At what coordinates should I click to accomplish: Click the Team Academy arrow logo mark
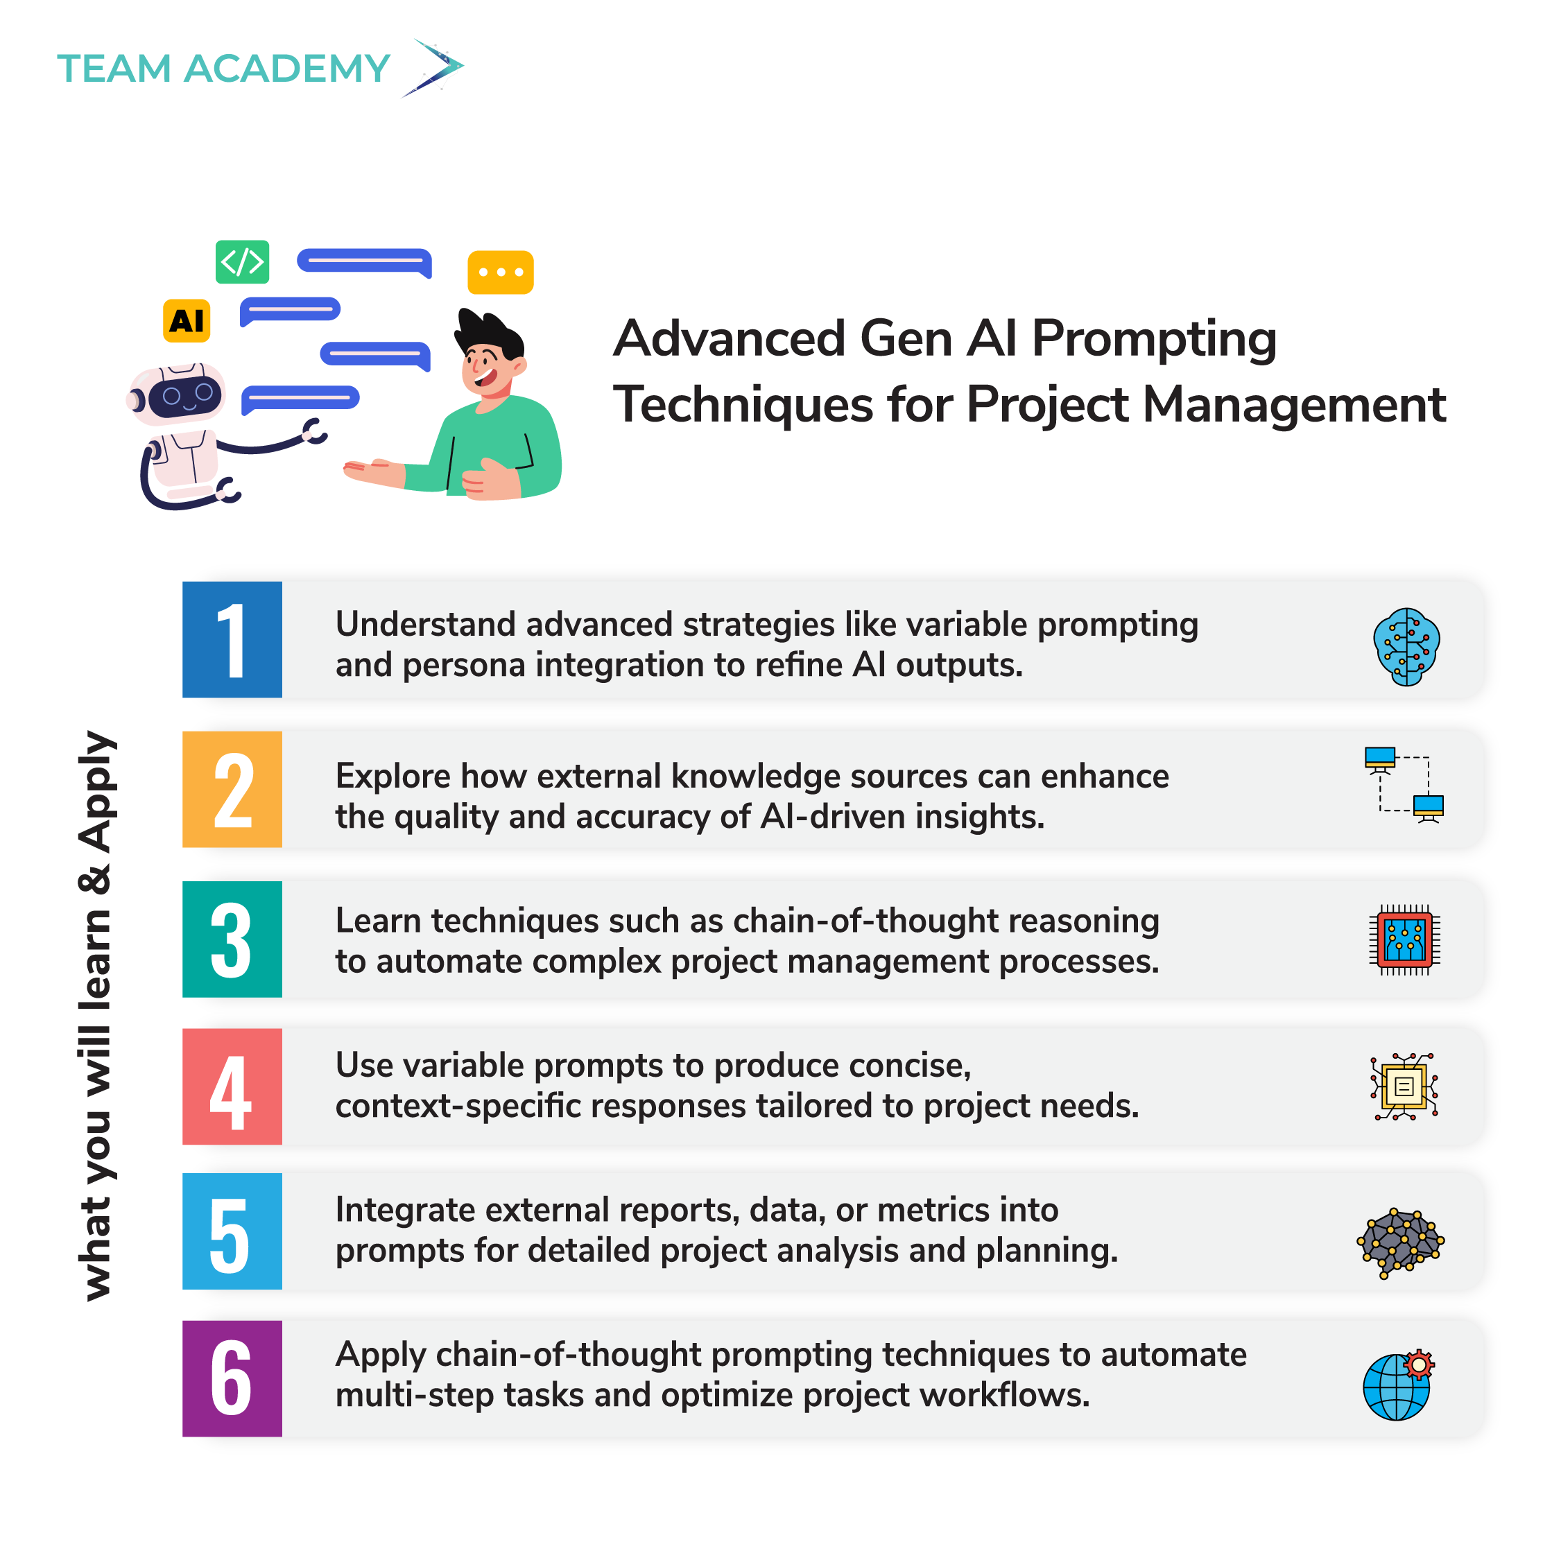click(434, 67)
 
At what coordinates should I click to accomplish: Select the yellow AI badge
click(187, 321)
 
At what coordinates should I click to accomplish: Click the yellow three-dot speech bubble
click(500, 272)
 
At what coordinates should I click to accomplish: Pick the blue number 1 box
click(232, 639)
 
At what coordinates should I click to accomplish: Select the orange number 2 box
click(232, 788)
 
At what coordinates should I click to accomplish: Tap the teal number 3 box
click(232, 939)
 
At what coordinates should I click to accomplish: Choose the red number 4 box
click(232, 1086)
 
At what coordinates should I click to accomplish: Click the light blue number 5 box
click(232, 1231)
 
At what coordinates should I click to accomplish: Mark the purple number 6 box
click(232, 1378)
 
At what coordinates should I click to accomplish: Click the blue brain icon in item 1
click(1406, 646)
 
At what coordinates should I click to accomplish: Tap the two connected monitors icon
click(1404, 784)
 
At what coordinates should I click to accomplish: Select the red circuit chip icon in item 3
click(1404, 939)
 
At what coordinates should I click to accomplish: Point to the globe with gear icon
click(1398, 1385)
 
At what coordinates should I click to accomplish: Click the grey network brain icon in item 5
click(1399, 1242)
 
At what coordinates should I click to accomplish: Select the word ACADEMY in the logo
click(287, 69)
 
